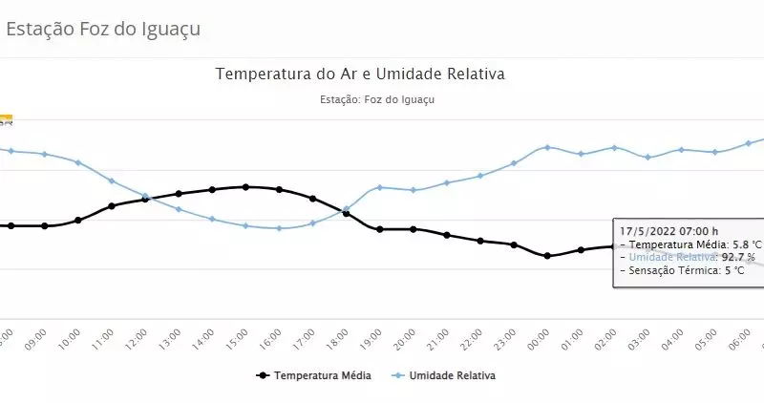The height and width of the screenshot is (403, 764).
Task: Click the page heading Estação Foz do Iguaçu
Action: point(103,29)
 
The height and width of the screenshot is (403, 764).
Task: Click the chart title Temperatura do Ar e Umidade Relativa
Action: point(360,74)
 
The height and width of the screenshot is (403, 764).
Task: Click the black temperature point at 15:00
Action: point(246,187)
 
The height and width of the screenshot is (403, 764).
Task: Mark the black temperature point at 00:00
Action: point(547,256)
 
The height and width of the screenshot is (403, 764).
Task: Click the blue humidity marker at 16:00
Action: point(279,228)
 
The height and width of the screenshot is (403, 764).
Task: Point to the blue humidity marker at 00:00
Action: point(547,147)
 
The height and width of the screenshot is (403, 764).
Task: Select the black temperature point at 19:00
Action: point(380,229)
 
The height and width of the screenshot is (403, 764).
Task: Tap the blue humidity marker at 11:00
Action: point(112,180)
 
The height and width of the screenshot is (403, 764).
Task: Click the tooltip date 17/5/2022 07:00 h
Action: point(668,231)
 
